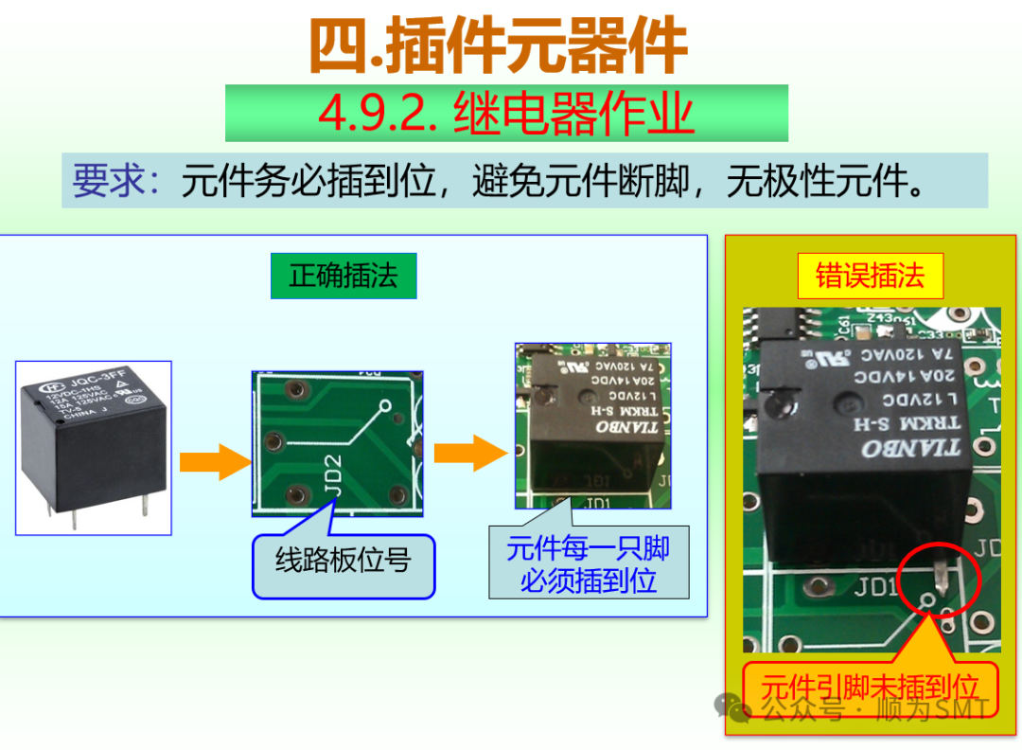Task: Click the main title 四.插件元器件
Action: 498,46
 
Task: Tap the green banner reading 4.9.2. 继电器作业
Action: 506,114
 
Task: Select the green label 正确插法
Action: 344,276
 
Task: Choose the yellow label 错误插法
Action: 870,276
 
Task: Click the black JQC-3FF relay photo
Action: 94,446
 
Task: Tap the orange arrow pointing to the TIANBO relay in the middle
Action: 470,454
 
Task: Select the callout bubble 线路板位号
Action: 344,565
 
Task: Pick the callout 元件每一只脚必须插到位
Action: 589,563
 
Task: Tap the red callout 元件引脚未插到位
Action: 870,687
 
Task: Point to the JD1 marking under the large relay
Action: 875,588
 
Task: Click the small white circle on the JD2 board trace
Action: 385,409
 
